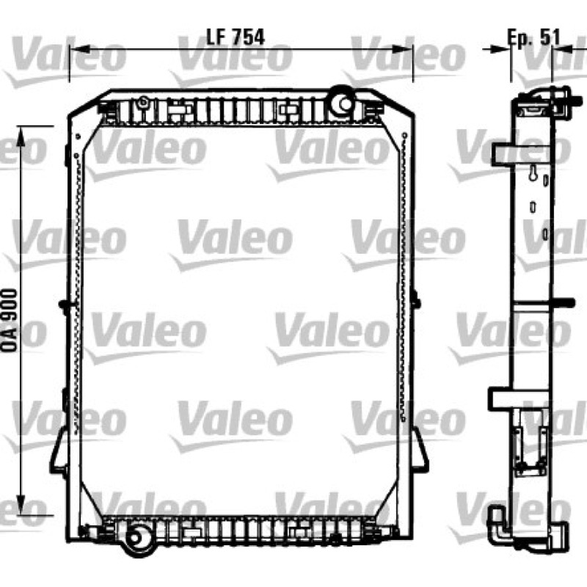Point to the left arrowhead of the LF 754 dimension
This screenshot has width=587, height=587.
pos(79,48)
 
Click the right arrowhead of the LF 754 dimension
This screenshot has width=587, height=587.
pos(402,48)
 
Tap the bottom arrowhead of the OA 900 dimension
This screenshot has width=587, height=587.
pos(21,505)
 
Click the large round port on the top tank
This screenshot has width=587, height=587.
pos(343,102)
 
